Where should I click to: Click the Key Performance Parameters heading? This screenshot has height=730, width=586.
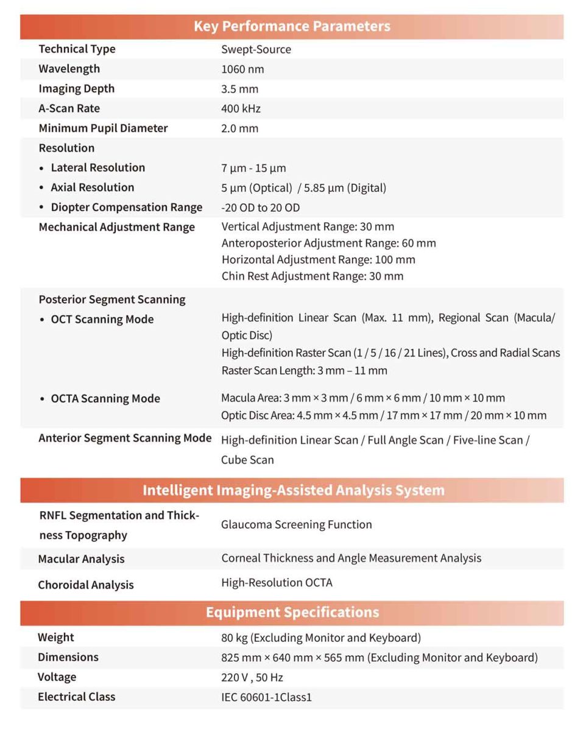pyautogui.click(x=292, y=26)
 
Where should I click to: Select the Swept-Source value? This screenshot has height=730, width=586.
pyautogui.click(x=256, y=49)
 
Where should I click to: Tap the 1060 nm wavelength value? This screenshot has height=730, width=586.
pyautogui.click(x=242, y=69)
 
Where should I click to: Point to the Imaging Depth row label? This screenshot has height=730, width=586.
pyautogui.click(x=76, y=89)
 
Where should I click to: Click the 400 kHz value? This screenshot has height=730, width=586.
pyautogui.click(x=241, y=109)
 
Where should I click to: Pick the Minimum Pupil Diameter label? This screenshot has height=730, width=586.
pyautogui.click(x=103, y=128)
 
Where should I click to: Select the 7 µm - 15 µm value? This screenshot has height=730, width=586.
pyautogui.click(x=253, y=168)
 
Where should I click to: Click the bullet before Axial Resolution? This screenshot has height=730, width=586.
pyautogui.click(x=41, y=188)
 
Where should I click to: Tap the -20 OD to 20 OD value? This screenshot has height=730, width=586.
pyautogui.click(x=260, y=207)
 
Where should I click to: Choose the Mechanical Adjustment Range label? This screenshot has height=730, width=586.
pyautogui.click(x=116, y=227)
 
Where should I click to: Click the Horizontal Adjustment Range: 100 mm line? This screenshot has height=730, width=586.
pyautogui.click(x=318, y=260)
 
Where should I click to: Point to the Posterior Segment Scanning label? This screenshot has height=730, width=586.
pyautogui.click(x=111, y=299)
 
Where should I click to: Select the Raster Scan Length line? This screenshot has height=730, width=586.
pyautogui.click(x=304, y=370)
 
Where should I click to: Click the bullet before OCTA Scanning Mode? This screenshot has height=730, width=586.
pyautogui.click(x=41, y=399)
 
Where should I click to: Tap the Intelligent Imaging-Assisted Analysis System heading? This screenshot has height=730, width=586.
pyautogui.click(x=293, y=490)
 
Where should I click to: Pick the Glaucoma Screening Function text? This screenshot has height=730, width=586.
pyautogui.click(x=296, y=524)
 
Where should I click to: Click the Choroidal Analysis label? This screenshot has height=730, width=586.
pyautogui.click(x=85, y=585)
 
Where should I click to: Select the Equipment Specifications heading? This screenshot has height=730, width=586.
pyautogui.click(x=292, y=613)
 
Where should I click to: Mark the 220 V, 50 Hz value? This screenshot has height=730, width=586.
pyautogui.click(x=252, y=678)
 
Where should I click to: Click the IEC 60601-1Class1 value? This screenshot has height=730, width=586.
pyautogui.click(x=266, y=697)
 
